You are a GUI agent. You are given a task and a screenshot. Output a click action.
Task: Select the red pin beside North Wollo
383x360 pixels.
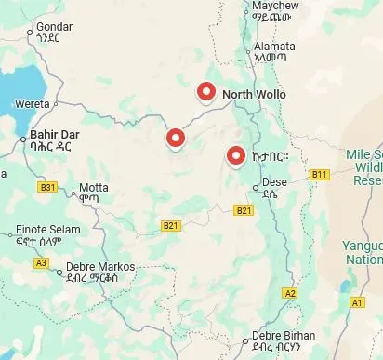click(206, 91)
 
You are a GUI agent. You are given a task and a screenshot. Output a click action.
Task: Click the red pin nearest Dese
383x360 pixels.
click(236, 156)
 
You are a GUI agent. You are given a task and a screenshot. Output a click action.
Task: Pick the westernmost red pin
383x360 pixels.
click(175, 139)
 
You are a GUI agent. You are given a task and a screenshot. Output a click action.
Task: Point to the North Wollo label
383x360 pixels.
click(254, 95)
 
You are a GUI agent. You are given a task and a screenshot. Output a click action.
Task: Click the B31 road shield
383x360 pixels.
click(47, 187)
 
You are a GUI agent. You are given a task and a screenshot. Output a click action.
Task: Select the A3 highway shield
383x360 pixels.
click(41, 262)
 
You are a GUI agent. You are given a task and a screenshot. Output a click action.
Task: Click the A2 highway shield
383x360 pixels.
click(290, 293)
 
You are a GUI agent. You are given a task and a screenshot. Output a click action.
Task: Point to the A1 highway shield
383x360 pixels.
click(357, 302)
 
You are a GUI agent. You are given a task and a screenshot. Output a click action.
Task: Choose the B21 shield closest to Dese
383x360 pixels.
click(244, 210)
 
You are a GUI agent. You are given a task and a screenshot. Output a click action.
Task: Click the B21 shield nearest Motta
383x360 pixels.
click(170, 225)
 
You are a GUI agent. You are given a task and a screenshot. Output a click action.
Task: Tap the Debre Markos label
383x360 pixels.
click(99, 267)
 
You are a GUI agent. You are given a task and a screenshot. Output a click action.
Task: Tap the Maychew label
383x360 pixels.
click(274, 6)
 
